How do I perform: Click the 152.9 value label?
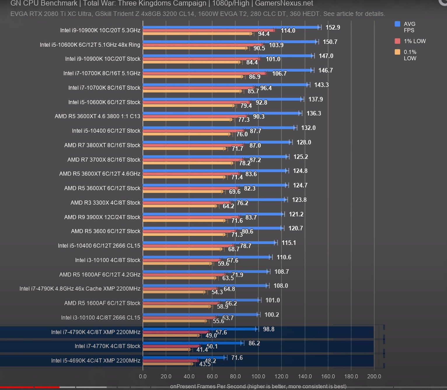point(333,27)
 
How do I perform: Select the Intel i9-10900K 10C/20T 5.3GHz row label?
point(100,30)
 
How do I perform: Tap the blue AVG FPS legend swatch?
point(397,24)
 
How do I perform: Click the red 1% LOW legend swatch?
point(397,41)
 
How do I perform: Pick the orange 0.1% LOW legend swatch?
point(397,52)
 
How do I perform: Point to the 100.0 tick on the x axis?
point(258,376)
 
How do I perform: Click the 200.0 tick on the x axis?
point(374,376)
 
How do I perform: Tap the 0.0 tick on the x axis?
point(143,376)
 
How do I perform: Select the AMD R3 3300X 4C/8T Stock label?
point(105,203)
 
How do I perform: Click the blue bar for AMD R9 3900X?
point(213,214)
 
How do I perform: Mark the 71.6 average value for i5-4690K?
point(237,358)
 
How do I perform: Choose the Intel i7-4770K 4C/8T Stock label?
point(107,346)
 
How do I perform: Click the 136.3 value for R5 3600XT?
point(314,113)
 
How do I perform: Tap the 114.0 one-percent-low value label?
point(288,31)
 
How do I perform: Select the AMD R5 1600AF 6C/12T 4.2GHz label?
point(99,275)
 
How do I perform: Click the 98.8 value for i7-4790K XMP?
point(268,329)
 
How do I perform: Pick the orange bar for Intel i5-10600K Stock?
point(188,106)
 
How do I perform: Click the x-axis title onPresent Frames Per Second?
point(208,386)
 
